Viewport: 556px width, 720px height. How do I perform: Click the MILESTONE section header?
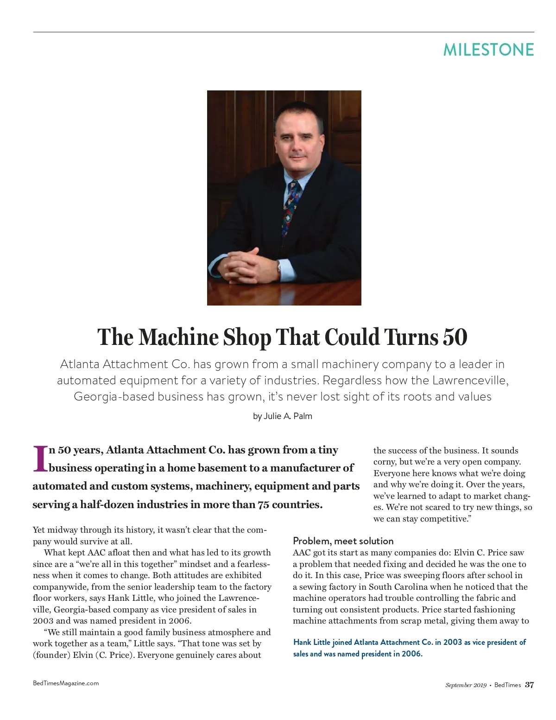(x=488, y=50)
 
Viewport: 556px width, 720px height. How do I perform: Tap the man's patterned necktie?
(x=291, y=209)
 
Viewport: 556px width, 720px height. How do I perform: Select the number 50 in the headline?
(x=455, y=337)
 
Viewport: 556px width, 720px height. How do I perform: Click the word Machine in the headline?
(x=178, y=337)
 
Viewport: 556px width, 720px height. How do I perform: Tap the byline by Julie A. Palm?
(x=283, y=416)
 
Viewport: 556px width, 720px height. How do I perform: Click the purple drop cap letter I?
(x=40, y=459)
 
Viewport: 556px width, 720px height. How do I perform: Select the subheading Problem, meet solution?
(x=343, y=541)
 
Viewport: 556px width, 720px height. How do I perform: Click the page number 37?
(x=529, y=685)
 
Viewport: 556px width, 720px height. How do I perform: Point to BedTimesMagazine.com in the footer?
(x=66, y=683)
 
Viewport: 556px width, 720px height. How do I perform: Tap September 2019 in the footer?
(x=466, y=685)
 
